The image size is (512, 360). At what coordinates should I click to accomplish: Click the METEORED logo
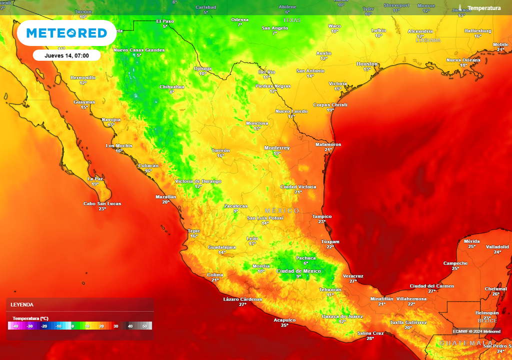click(x=66, y=33)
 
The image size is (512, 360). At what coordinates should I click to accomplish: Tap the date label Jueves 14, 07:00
click(x=66, y=55)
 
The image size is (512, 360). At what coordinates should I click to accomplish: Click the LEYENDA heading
click(x=22, y=304)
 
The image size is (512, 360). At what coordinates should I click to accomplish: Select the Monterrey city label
click(x=277, y=148)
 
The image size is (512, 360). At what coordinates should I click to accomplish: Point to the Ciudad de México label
click(x=298, y=271)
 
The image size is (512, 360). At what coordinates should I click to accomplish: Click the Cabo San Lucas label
click(x=102, y=203)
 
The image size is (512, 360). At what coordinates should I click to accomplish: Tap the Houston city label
click(x=367, y=64)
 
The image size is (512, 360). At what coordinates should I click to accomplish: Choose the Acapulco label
click(x=284, y=320)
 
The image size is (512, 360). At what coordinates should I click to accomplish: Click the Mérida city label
click(x=471, y=241)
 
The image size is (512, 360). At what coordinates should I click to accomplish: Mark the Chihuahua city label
click(x=171, y=86)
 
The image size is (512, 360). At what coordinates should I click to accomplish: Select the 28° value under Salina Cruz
click(x=370, y=338)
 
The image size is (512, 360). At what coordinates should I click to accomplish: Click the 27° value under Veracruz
click(x=353, y=281)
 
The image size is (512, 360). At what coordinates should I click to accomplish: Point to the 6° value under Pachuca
click(x=306, y=263)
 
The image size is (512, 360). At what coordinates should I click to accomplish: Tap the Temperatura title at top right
click(x=483, y=8)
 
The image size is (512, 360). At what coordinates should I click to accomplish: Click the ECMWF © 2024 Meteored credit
click(x=476, y=331)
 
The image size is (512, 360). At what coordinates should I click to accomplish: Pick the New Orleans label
click(x=463, y=60)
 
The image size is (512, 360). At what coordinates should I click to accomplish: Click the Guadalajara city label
click(x=222, y=247)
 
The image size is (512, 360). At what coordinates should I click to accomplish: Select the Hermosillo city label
click(x=83, y=77)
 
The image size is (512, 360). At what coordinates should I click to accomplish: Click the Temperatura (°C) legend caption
click(x=30, y=318)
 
